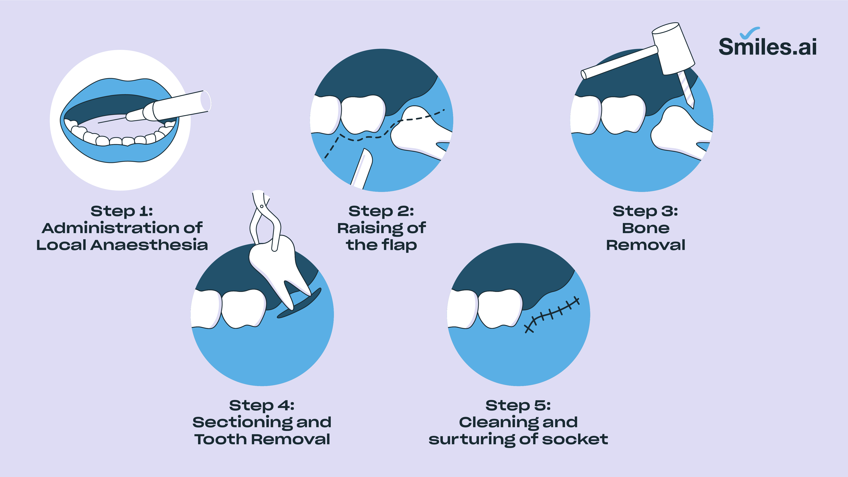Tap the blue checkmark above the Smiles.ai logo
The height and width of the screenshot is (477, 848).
750,33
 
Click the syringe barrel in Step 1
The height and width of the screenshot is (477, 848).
181,105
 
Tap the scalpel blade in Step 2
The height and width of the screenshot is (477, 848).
362,168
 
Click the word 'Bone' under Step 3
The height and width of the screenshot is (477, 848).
646,228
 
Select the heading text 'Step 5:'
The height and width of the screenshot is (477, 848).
518,405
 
